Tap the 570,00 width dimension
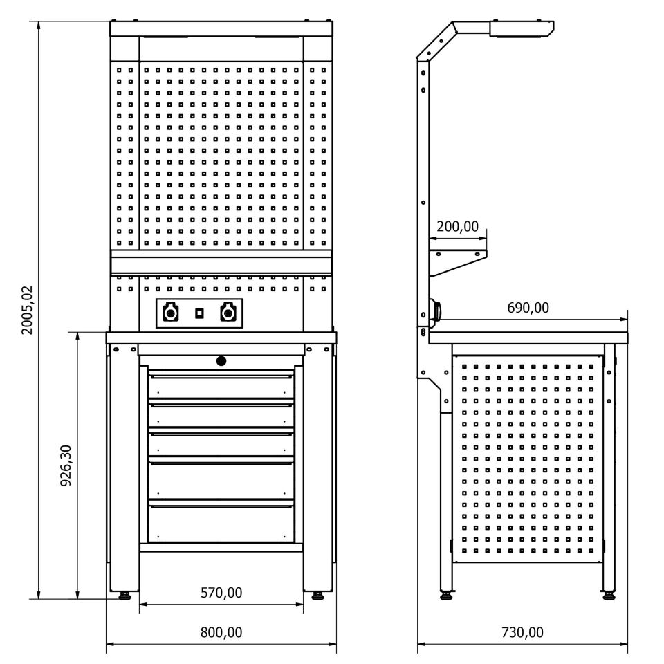221,592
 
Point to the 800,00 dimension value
221,632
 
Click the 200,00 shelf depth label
457,226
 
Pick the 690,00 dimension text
528,308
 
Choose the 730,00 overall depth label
522,632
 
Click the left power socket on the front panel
169,314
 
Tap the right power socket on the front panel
227,314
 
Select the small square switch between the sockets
199,313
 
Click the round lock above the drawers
221,360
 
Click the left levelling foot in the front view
125,594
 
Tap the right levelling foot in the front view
317,594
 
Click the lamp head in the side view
522,28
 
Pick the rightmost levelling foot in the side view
609,593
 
